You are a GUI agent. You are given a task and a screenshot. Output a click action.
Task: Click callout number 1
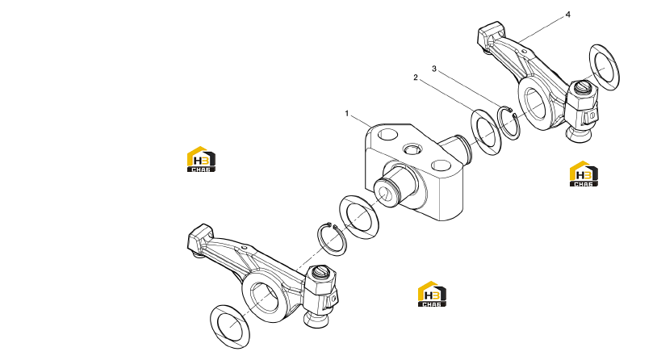(346, 114)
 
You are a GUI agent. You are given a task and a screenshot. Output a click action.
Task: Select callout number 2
(415, 77)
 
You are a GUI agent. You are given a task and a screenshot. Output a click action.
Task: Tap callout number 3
(434, 69)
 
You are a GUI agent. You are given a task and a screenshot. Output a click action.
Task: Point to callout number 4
(567, 15)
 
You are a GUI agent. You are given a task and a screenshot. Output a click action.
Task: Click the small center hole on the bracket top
(410, 149)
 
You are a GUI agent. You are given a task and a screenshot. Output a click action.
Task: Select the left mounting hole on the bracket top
(387, 135)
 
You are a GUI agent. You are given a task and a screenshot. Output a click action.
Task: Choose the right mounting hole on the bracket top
(441, 165)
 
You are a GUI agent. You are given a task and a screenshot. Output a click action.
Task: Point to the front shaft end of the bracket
(384, 191)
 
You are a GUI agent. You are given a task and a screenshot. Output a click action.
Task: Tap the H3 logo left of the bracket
(201, 159)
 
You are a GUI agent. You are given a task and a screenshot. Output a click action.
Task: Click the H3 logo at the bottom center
(432, 294)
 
